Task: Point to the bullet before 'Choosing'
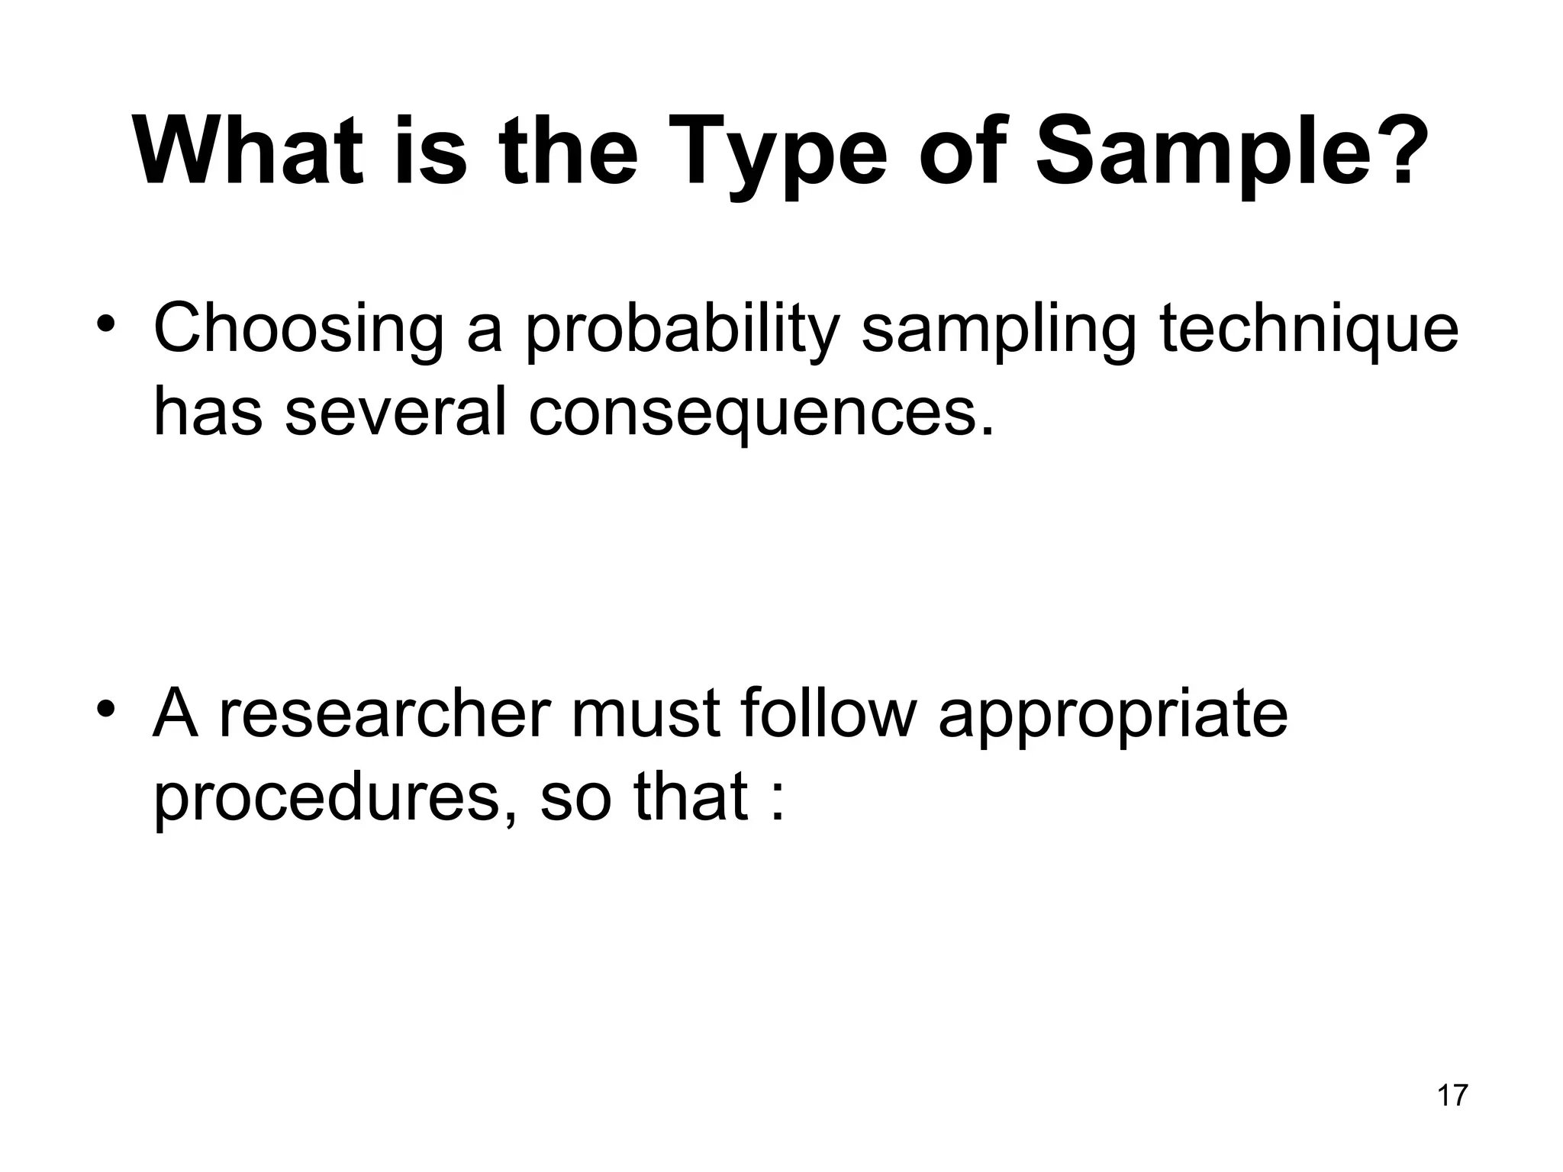coord(106,324)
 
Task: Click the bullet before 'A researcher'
coord(106,710)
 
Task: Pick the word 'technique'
coord(1309,330)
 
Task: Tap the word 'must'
coord(646,714)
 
